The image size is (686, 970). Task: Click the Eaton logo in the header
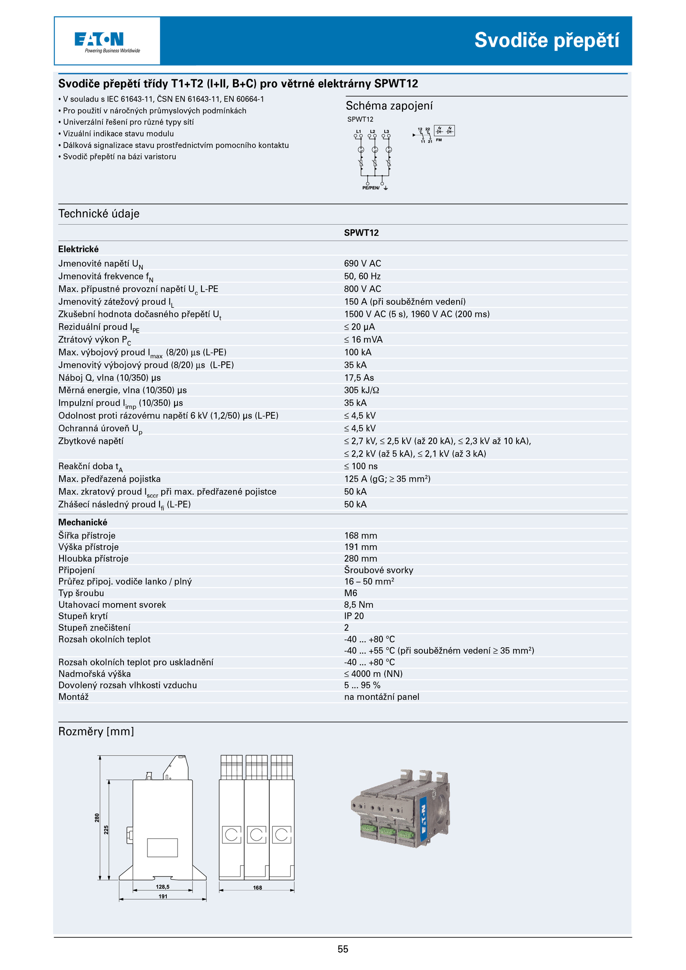click(x=99, y=39)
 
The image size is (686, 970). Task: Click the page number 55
click(x=343, y=949)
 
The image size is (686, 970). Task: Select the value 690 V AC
click(x=362, y=263)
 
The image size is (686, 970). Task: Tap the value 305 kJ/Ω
click(x=361, y=390)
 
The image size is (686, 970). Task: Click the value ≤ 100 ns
click(x=361, y=466)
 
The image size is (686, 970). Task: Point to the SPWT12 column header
click(x=361, y=233)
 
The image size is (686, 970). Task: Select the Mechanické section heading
click(x=83, y=522)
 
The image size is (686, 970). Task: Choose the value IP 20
click(x=354, y=616)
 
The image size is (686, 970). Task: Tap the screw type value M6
click(x=350, y=593)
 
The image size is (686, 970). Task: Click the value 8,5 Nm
click(x=358, y=604)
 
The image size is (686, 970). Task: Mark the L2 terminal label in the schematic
click(x=373, y=132)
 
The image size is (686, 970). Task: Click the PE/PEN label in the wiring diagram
click(x=370, y=188)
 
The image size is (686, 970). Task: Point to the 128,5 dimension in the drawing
click(x=162, y=887)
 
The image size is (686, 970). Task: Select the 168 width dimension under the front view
click(x=257, y=888)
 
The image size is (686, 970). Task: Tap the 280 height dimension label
click(x=97, y=818)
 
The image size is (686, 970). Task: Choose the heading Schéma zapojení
click(x=389, y=105)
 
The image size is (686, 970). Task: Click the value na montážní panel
click(x=382, y=697)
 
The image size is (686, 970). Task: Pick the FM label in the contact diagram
click(x=439, y=140)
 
